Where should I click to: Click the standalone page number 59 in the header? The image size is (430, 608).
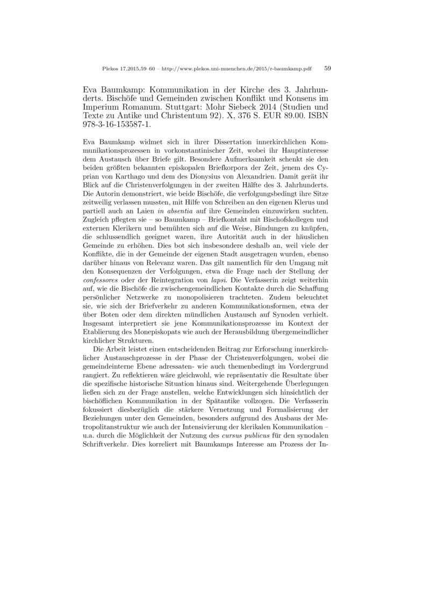click(328, 68)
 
